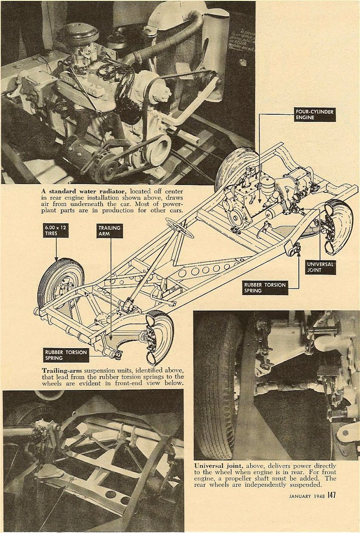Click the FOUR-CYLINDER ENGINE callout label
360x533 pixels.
tap(315, 114)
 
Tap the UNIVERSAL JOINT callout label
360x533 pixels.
tap(321, 267)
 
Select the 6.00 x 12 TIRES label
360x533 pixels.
tap(56, 231)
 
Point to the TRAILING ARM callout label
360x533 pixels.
tap(110, 231)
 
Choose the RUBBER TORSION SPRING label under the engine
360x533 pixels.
tap(265, 288)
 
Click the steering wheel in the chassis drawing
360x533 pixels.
tap(180, 228)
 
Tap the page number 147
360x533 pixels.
tap(332, 495)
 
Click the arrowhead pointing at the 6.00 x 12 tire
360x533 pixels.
tap(56, 260)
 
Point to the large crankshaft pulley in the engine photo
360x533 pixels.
tap(157, 148)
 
